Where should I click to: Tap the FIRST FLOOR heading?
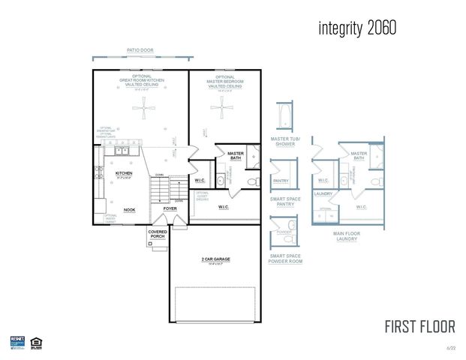pyautogui.click(x=419, y=327)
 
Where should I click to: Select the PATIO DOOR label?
pyautogui.click(x=140, y=49)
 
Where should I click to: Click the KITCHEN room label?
pyautogui.click(x=124, y=173)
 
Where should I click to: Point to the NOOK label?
pyautogui.click(x=129, y=210)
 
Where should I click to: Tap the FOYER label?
pyautogui.click(x=170, y=208)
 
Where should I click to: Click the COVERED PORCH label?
pyautogui.click(x=158, y=234)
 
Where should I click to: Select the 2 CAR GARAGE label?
pyautogui.click(x=215, y=259)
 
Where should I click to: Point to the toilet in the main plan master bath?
pyautogui.click(x=251, y=181)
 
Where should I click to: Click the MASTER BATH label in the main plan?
pyautogui.click(x=236, y=155)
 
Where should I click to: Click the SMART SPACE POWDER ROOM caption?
pyautogui.click(x=285, y=259)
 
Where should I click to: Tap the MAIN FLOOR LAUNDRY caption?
pyautogui.click(x=346, y=235)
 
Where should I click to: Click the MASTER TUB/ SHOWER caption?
pyautogui.click(x=286, y=141)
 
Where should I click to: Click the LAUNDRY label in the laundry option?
pyautogui.click(x=323, y=193)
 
